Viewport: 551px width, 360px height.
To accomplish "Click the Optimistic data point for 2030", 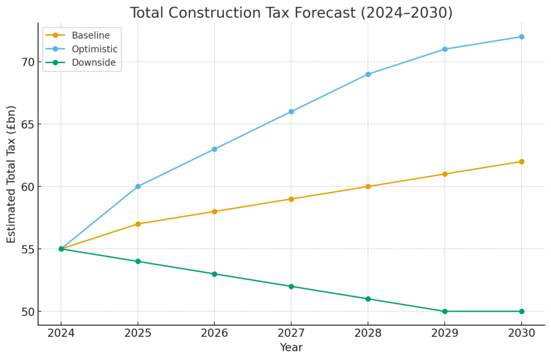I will [521, 37].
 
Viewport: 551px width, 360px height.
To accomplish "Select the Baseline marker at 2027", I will [291, 199].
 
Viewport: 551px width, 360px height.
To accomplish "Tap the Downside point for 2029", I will [444, 311].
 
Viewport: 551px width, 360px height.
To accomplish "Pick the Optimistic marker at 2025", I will [138, 186].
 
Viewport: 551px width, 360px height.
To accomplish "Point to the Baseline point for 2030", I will [521, 161].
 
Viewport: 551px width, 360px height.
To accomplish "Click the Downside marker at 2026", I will [214, 274].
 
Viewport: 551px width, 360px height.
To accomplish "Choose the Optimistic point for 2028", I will [368, 74].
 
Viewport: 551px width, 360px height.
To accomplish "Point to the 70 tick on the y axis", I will [29, 62].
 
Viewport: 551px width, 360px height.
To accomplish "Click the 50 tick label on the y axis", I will [29, 312].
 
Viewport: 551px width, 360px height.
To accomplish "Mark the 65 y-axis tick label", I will [29, 124].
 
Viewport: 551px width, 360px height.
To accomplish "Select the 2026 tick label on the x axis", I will [214, 333].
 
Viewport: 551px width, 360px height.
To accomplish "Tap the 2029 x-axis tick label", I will [444, 333].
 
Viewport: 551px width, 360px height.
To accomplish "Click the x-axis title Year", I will [291, 348].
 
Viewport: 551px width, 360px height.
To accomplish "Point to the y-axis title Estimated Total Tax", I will [11, 174].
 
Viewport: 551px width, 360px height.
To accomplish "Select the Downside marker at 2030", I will [521, 311].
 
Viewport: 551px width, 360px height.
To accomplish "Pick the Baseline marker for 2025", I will [138, 224].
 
